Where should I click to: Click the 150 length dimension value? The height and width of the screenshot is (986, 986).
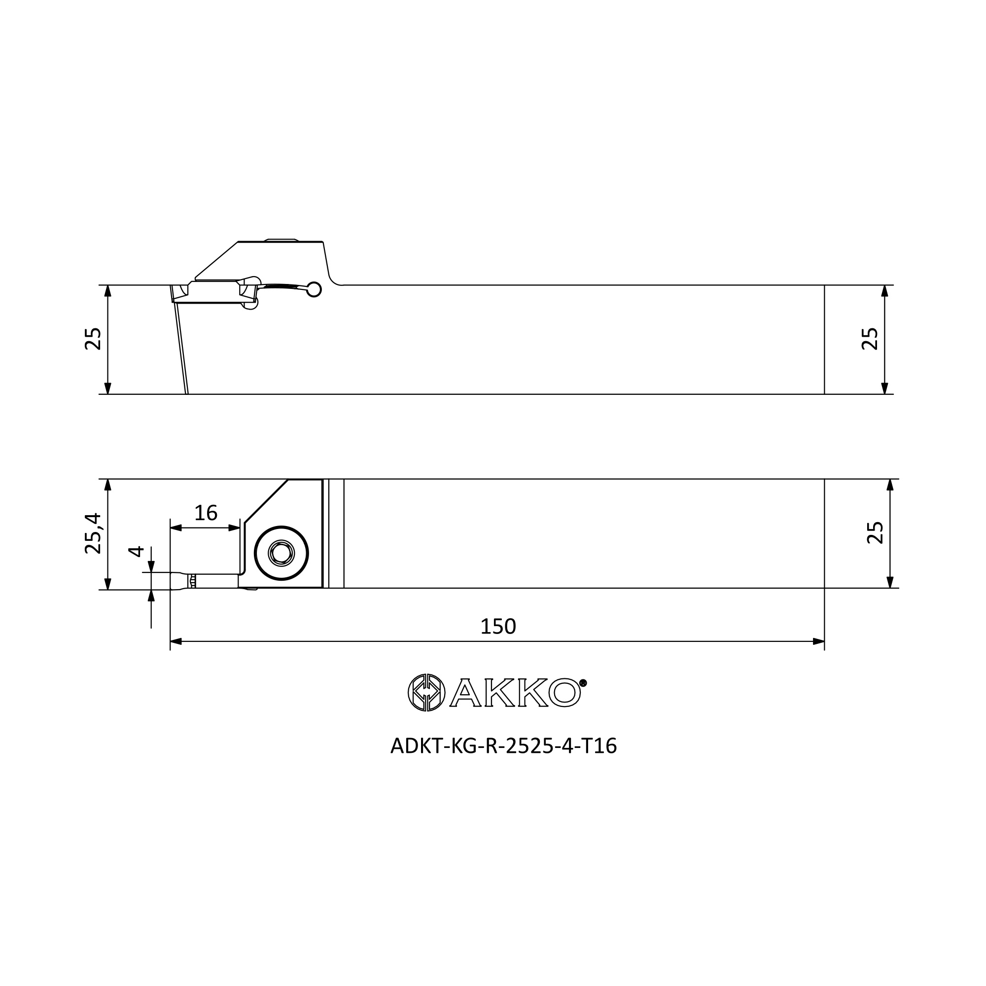pos(498,627)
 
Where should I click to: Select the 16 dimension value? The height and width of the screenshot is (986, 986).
pos(206,513)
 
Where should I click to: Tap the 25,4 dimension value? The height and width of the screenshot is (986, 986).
pos(93,533)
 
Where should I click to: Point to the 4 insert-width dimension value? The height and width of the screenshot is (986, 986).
pos(136,552)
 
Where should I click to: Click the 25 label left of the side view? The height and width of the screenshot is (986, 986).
pos(93,339)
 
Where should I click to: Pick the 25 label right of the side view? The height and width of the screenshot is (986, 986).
pos(870,339)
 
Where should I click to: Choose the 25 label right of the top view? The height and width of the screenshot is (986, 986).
pos(875,533)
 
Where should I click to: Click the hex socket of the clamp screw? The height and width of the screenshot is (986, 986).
pos(281,553)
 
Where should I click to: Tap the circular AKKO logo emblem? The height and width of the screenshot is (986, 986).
pos(426,693)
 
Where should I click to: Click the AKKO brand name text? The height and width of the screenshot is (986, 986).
pos(516,693)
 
